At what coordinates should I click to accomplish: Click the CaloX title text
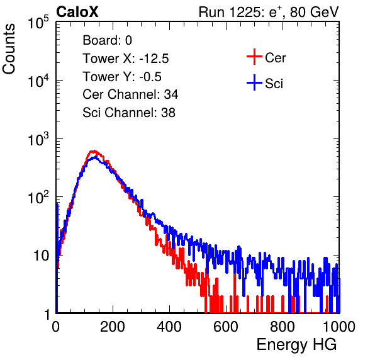(77, 12)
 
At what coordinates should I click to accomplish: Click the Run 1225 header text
(269, 12)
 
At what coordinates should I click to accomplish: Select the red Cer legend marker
(254, 57)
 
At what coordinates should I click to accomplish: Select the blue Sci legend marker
(254, 83)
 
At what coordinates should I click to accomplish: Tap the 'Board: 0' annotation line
(107, 40)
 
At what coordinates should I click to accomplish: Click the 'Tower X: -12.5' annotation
(126, 59)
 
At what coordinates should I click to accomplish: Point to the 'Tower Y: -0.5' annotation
(122, 77)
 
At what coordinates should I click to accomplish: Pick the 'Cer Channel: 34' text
(130, 94)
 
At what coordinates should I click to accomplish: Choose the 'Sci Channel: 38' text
(129, 113)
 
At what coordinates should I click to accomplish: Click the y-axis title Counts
(9, 48)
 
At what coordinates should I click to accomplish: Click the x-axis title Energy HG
(296, 345)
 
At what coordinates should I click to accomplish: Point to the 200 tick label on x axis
(113, 327)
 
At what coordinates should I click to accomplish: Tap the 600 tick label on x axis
(226, 327)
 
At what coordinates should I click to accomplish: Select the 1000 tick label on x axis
(339, 327)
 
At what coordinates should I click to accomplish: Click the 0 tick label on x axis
(56, 327)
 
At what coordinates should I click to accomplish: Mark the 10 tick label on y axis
(41, 256)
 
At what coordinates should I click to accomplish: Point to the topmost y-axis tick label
(38, 23)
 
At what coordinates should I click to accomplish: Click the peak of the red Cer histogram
(94, 151)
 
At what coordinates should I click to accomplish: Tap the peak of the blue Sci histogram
(96, 157)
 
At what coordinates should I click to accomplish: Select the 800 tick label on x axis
(283, 327)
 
